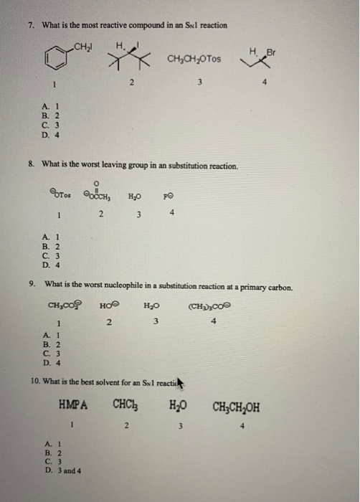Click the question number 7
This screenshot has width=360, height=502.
[x=31, y=26]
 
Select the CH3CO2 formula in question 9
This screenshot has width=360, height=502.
[x=65, y=308]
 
